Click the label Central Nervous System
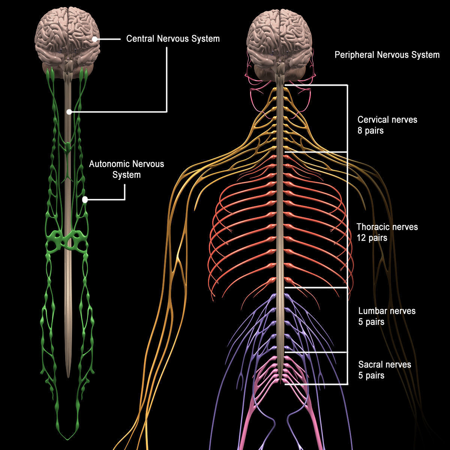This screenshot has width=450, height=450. pyautogui.click(x=173, y=39)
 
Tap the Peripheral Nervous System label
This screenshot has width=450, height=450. pyautogui.click(x=387, y=55)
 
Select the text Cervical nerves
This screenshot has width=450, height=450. pyautogui.click(x=387, y=120)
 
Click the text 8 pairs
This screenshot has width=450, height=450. pyautogui.click(x=370, y=131)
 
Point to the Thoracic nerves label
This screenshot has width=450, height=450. pyautogui.click(x=387, y=227)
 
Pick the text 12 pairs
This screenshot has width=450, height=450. pyautogui.click(x=372, y=238)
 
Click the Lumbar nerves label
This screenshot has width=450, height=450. pyautogui.click(x=387, y=311)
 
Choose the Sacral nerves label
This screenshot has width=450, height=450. pyautogui.click(x=384, y=364)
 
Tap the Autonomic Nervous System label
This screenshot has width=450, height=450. pyautogui.click(x=126, y=169)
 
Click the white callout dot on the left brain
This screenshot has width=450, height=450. pyautogui.click(x=95, y=39)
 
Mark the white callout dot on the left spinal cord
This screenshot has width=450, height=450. pyautogui.click(x=69, y=112)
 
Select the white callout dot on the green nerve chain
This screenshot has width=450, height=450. pyautogui.click(x=85, y=200)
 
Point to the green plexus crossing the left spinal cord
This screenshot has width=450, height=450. pyautogui.click(x=67, y=240)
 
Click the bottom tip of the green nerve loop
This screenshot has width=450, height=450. pyautogui.click(x=68, y=439)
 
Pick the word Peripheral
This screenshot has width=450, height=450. pyautogui.click(x=354, y=55)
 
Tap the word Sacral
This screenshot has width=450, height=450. pyautogui.click(x=370, y=364)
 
